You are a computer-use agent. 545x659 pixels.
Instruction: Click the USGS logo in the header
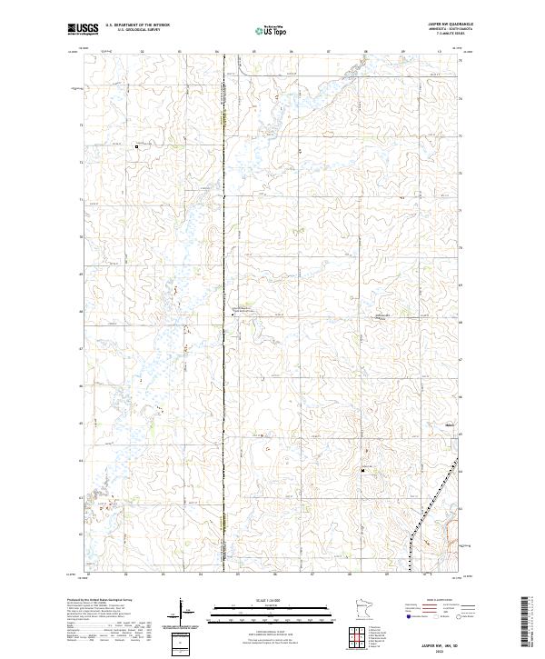pyautogui.click(x=81, y=30)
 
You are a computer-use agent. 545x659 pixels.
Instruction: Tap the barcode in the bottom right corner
pyautogui.click(x=526, y=622)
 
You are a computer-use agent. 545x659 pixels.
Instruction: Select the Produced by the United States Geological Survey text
pyautogui.click(x=100, y=599)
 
